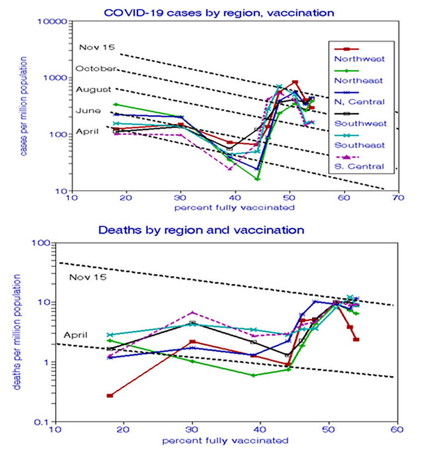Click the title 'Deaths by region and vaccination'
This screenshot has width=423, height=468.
point(201,230)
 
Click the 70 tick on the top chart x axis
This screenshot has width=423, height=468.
point(397,198)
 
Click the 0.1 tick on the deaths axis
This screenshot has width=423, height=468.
point(43,422)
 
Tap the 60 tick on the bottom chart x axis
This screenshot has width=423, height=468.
point(396,429)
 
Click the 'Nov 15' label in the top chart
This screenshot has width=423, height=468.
point(97,47)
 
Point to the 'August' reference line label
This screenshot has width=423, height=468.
point(93,90)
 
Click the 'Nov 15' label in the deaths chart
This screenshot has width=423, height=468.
point(87,277)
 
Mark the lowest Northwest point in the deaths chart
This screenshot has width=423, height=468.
point(109,395)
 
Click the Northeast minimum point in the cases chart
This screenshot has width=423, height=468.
point(257,179)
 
